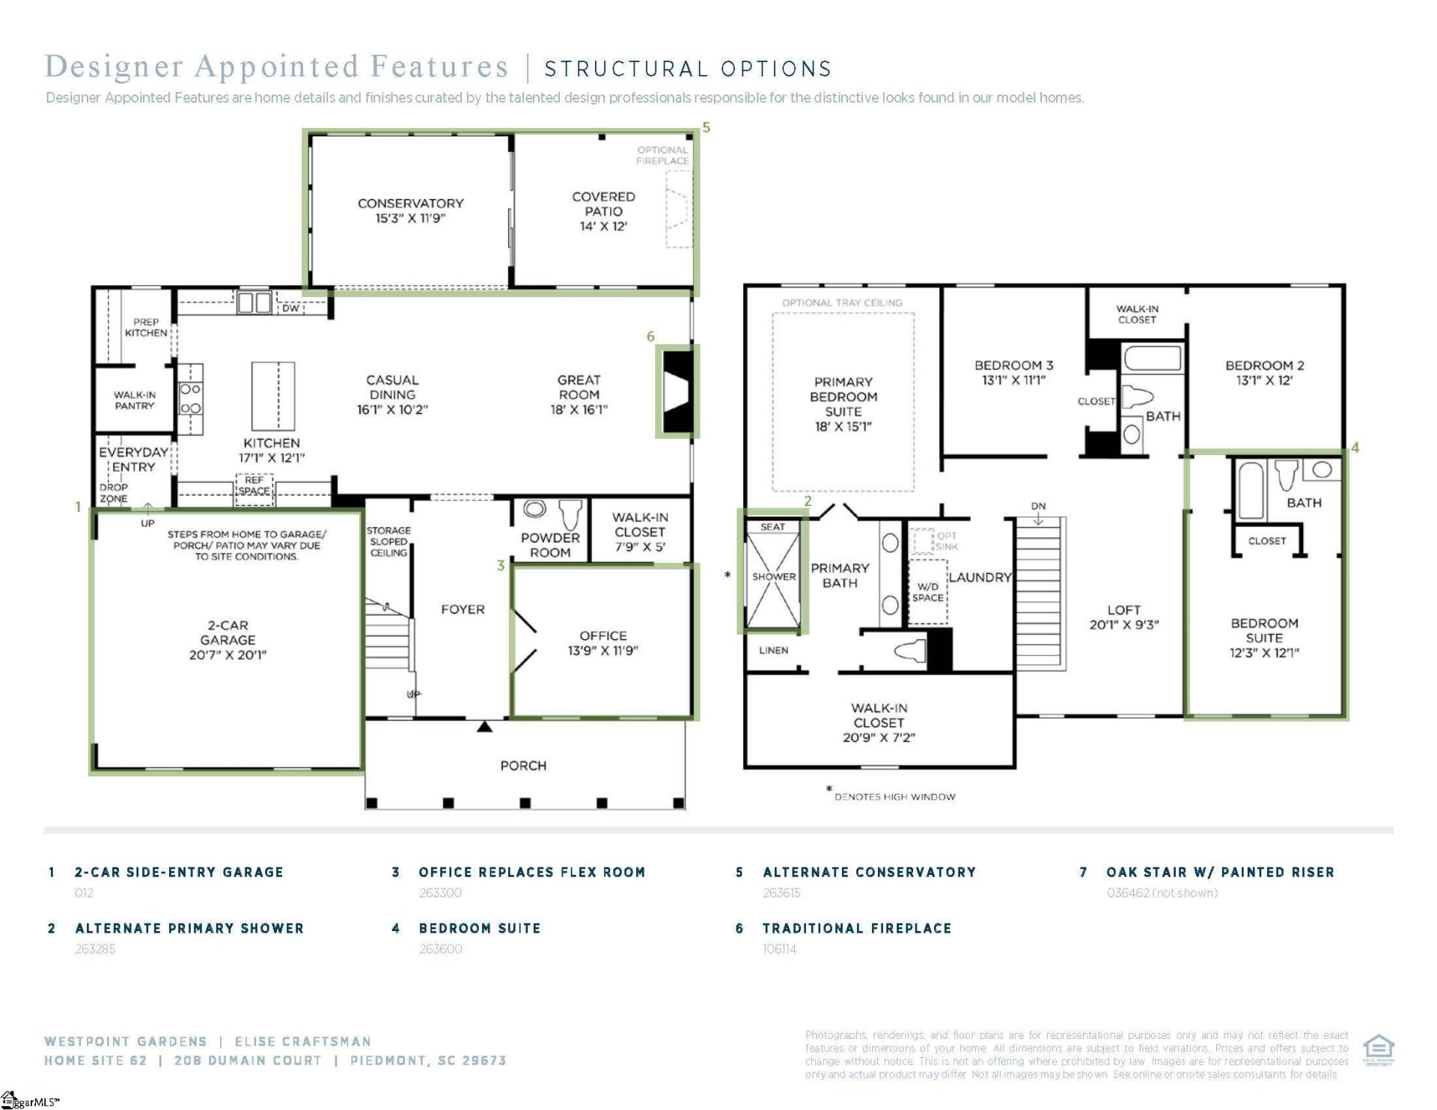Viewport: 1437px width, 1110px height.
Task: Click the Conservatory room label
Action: (x=410, y=204)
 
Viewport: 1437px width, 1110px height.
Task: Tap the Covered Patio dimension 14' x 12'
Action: (x=603, y=227)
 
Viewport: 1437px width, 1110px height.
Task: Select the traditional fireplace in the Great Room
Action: (x=678, y=391)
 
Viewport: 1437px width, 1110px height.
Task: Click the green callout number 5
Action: (x=706, y=128)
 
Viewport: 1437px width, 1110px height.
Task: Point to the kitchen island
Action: (x=273, y=395)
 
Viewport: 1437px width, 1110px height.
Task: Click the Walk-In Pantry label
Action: (x=135, y=400)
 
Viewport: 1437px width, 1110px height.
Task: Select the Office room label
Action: (x=603, y=635)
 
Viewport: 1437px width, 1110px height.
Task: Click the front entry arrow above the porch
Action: (x=485, y=726)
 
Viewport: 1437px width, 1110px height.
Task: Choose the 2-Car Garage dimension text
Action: (x=228, y=655)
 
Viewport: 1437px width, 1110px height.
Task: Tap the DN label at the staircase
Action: (x=1038, y=507)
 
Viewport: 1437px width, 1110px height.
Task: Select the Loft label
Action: (x=1123, y=610)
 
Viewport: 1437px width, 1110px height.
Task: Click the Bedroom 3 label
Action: (x=1013, y=365)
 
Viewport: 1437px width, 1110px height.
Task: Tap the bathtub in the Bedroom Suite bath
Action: (x=1251, y=490)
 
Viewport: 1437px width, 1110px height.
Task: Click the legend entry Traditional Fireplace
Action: (x=856, y=928)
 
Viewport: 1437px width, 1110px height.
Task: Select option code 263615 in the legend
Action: (x=781, y=893)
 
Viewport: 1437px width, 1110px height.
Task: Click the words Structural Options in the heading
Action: (x=688, y=70)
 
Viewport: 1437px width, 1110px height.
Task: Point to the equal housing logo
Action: (x=1378, y=1049)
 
